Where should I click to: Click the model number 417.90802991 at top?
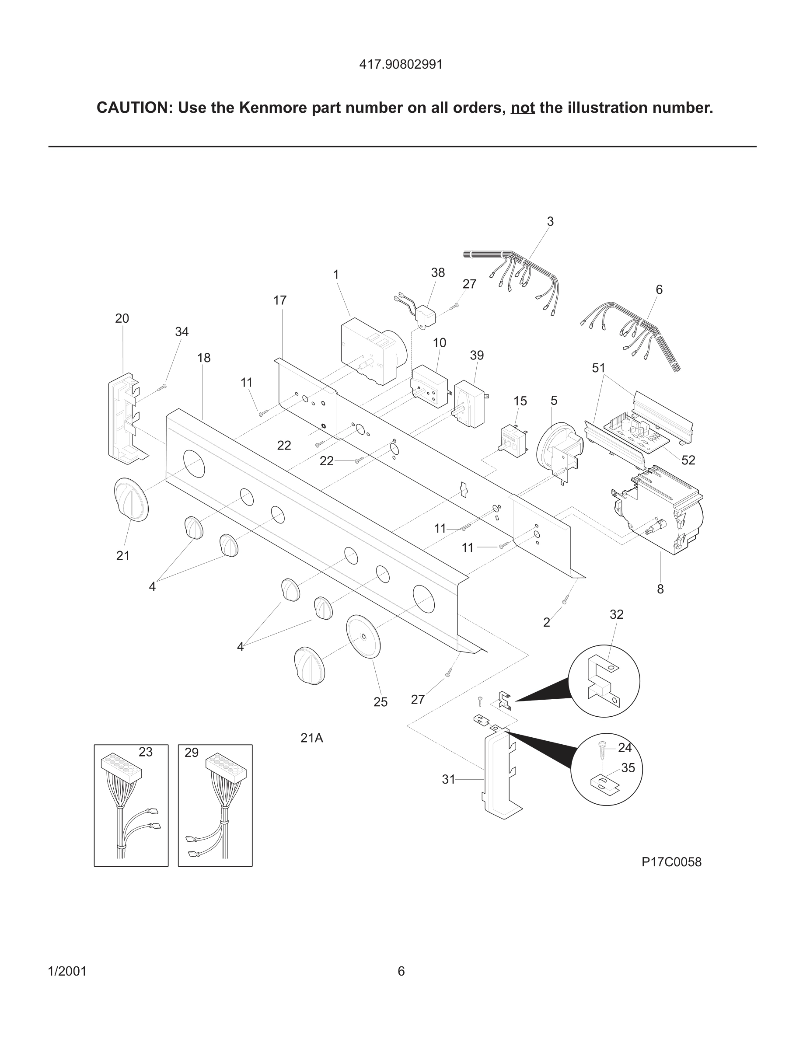click(x=401, y=64)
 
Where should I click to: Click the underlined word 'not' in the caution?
click(x=522, y=108)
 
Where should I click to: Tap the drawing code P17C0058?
click(x=671, y=862)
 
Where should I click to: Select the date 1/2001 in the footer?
click(x=67, y=971)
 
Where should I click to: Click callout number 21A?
click(x=311, y=738)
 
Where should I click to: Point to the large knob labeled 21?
click(x=131, y=499)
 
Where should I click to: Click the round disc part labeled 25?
click(x=363, y=637)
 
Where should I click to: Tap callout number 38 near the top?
click(x=438, y=272)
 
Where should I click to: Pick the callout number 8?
click(x=660, y=589)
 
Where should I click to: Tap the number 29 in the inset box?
click(x=191, y=753)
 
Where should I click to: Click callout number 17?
click(x=280, y=300)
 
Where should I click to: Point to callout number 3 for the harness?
click(x=550, y=221)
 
